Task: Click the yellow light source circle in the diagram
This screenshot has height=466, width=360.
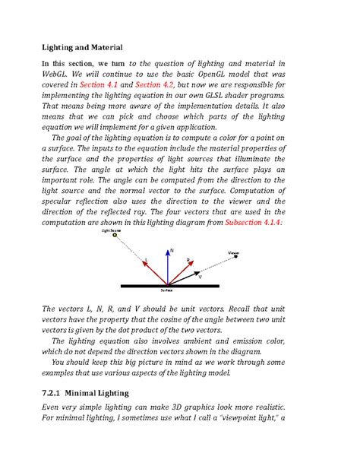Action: click(115, 236)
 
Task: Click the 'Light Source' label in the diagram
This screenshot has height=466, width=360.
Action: click(111, 229)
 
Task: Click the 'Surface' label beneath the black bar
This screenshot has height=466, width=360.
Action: click(166, 291)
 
